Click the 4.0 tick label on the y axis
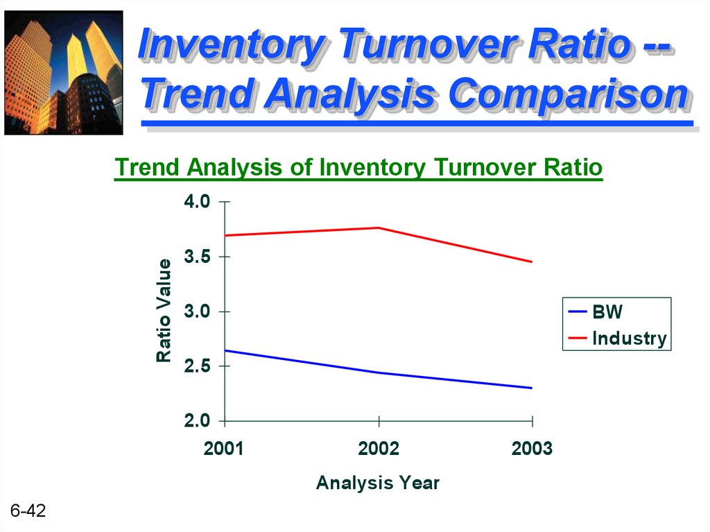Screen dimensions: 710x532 (x=197, y=201)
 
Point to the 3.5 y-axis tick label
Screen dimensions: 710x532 (x=197, y=257)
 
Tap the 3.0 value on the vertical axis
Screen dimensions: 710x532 (x=197, y=311)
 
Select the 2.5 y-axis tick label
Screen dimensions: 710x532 (x=197, y=366)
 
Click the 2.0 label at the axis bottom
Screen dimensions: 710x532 (x=197, y=420)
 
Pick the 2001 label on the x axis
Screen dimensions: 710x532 (x=224, y=449)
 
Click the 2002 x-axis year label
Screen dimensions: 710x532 (x=379, y=449)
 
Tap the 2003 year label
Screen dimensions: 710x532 (x=532, y=449)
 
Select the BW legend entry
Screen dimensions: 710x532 (x=595, y=311)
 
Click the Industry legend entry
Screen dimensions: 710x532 (x=617, y=338)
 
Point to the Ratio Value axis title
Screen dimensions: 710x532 (x=164, y=311)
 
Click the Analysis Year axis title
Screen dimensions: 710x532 (x=378, y=483)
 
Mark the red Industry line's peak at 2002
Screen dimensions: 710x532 (x=379, y=228)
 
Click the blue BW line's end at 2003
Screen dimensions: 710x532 (x=532, y=388)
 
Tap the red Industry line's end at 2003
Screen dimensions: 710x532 (x=532, y=262)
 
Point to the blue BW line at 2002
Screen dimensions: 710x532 (x=379, y=373)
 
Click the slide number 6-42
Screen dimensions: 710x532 (x=28, y=510)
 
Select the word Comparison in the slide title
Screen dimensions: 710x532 (x=570, y=94)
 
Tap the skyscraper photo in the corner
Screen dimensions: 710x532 (x=63, y=73)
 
